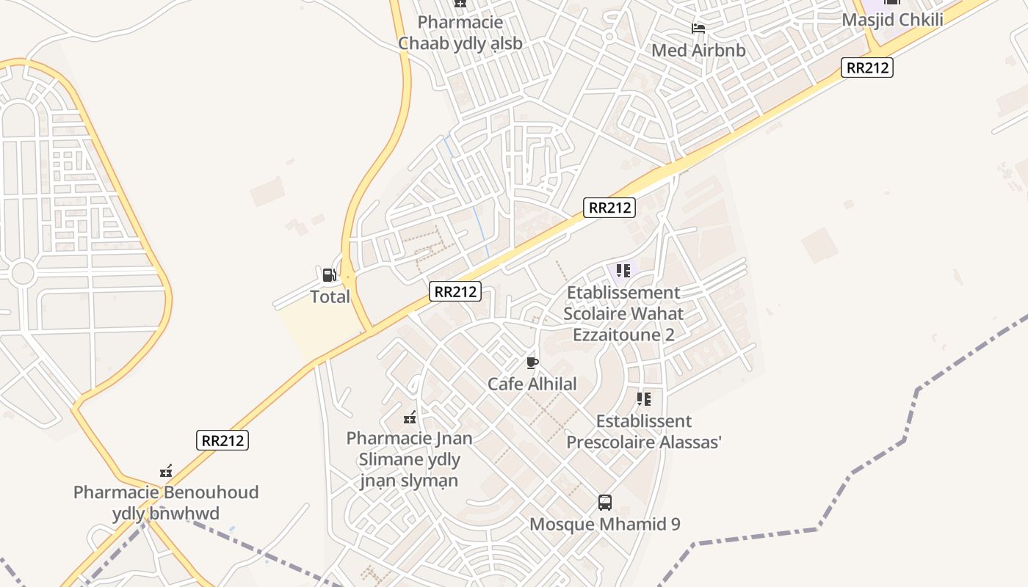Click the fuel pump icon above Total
pos(329,275)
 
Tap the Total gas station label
pos(330,297)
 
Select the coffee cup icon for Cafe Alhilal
pos(532,362)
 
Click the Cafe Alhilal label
pos(532,384)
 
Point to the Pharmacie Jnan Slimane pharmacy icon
pos(410,418)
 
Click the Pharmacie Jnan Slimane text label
pos(410,459)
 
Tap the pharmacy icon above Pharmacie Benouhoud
pos(166,471)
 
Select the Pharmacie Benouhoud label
pos(166,503)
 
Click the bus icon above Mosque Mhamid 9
pos(605,503)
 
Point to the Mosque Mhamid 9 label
pos(605,524)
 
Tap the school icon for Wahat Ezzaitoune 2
pos(623,271)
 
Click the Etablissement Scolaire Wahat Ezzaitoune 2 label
pos(623,313)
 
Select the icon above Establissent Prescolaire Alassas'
pos(644,399)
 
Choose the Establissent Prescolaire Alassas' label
pos(644,431)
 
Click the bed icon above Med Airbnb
pos(698,29)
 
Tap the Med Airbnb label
pos(698,51)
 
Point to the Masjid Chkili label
pos(892,20)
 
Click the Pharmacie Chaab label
pos(460,33)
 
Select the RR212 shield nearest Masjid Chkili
pos(867,68)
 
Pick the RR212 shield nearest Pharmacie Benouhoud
pos(222,440)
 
